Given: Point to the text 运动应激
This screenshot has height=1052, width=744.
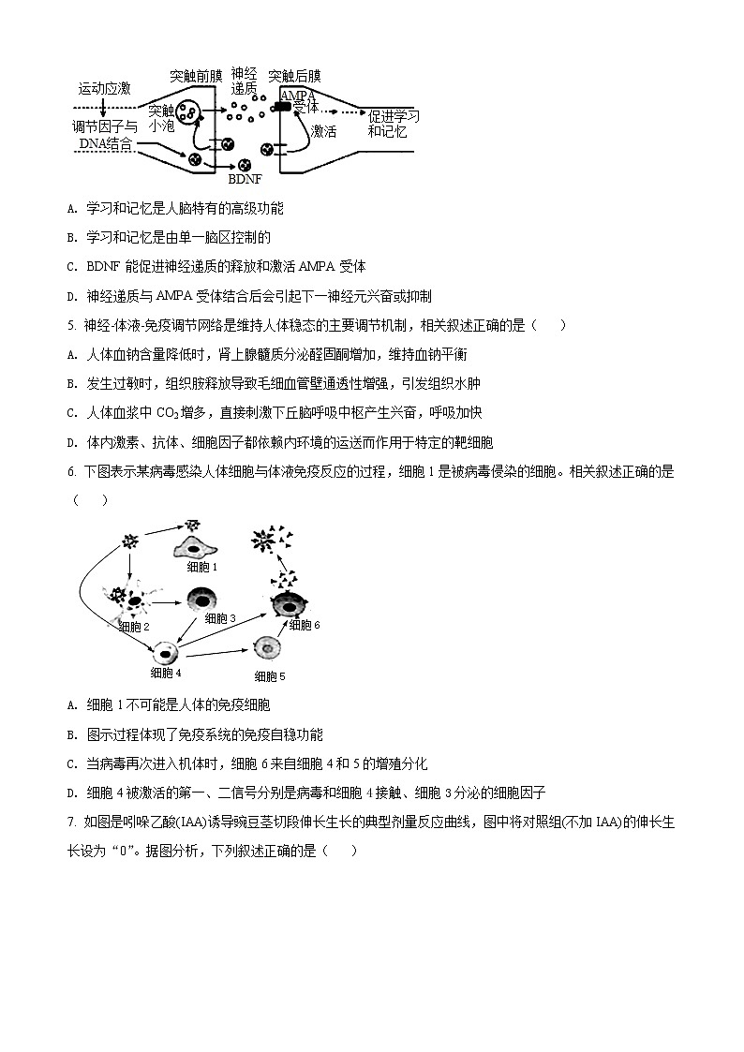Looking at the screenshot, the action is click(104, 89).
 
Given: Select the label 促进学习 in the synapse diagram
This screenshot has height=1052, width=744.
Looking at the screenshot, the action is click(394, 116).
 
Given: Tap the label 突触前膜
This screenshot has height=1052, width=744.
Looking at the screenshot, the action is click(197, 74).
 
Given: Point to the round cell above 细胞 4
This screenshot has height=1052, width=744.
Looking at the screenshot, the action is click(167, 654).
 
